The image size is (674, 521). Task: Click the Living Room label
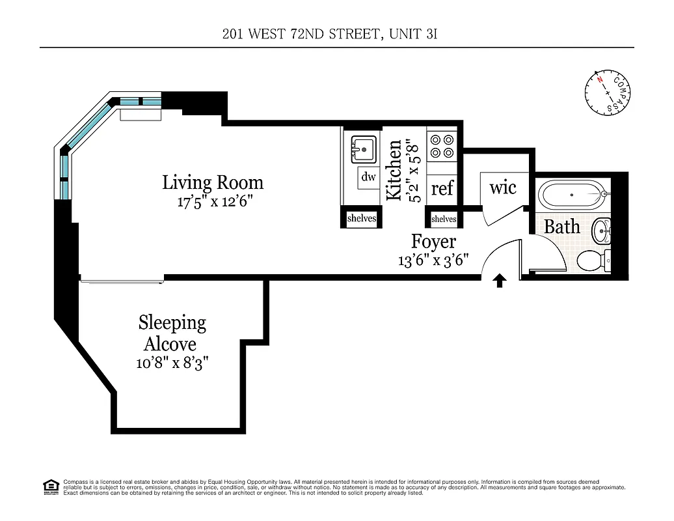pyautogui.click(x=213, y=182)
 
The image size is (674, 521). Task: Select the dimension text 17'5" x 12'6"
pyautogui.click(x=214, y=202)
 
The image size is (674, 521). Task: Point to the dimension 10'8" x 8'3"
pyautogui.click(x=172, y=363)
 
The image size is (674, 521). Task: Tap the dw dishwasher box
pyautogui.click(x=368, y=177)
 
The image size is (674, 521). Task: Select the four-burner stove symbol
pyautogui.click(x=442, y=146)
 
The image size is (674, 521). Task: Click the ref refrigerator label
pyautogui.click(x=442, y=189)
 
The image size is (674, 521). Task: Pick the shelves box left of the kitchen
pyautogui.click(x=361, y=219)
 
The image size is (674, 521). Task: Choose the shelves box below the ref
pyautogui.click(x=444, y=219)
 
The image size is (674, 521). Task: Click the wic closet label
pyautogui.click(x=502, y=188)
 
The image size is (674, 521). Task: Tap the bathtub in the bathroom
pyautogui.click(x=571, y=194)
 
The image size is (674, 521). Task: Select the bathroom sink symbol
pyautogui.click(x=602, y=229)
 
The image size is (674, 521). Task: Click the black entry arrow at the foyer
pyautogui.click(x=500, y=281)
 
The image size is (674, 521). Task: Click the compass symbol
pyautogui.click(x=607, y=92)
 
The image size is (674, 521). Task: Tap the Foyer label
pyautogui.click(x=433, y=242)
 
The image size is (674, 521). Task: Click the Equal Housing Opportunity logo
pyautogui.click(x=50, y=486)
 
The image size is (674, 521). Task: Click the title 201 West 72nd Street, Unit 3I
pyautogui.click(x=329, y=35)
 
